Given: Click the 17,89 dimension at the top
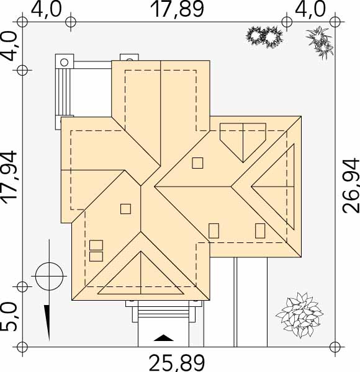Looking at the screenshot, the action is pyautogui.click(x=177, y=9).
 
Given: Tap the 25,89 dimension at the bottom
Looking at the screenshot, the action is pyautogui.click(x=177, y=363).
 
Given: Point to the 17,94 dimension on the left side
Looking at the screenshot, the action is pyautogui.click(x=9, y=177).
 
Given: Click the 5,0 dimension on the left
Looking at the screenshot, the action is pyautogui.click(x=9, y=317).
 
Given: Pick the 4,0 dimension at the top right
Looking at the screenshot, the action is pyautogui.click(x=310, y=9).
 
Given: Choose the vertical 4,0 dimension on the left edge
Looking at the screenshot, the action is pyautogui.click(x=9, y=46).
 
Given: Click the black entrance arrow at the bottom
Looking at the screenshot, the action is pyautogui.click(x=163, y=338).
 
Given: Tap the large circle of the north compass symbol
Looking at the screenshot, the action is pyautogui.click(x=50, y=277).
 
